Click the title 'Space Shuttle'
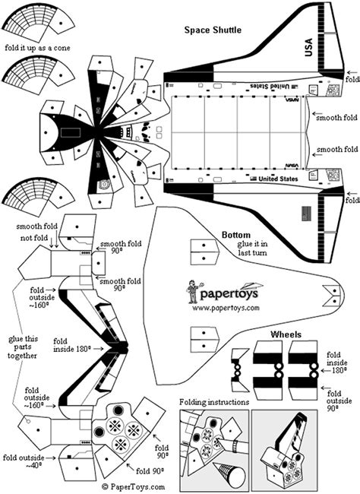click(x=213, y=30)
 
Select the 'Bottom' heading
click(x=237, y=234)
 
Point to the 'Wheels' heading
click(x=286, y=334)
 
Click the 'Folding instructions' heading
click(x=215, y=401)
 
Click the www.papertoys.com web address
click(x=226, y=308)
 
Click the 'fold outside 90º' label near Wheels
click(x=343, y=398)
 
